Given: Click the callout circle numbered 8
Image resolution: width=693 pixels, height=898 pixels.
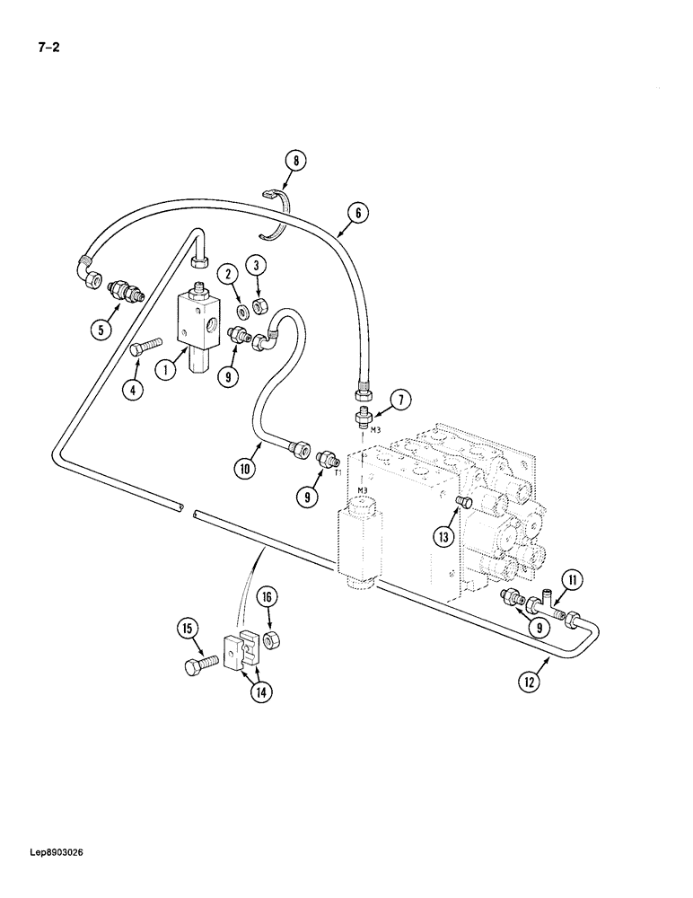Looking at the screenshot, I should (294, 163).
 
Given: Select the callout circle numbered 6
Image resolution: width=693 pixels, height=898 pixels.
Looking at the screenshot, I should (356, 214).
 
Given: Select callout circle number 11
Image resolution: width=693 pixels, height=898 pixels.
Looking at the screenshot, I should (574, 580).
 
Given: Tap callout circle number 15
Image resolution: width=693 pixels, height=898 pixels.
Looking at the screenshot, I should (188, 630).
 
